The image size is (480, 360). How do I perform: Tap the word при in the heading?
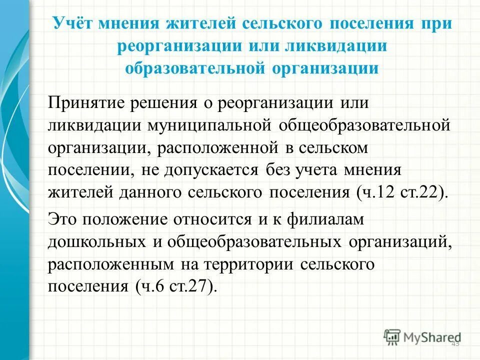pyautogui.click(x=436, y=24)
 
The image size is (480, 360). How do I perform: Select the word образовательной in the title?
pyautogui.click(x=195, y=67)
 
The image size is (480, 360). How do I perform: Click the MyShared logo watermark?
pyautogui.click(x=422, y=336)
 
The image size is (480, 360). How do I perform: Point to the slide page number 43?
pyautogui.click(x=455, y=344)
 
